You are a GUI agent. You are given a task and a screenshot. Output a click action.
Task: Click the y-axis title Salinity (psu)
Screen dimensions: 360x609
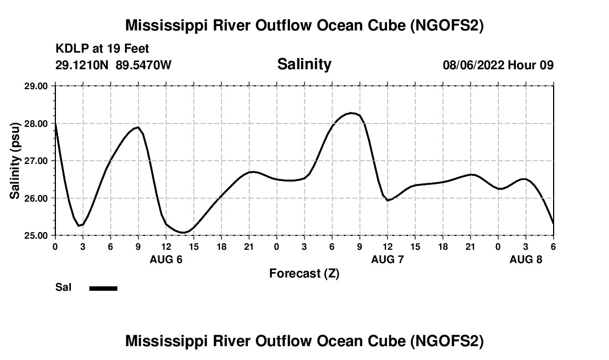(x=15, y=160)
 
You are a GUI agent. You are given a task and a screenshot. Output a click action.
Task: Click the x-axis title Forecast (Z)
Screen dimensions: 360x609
(x=304, y=273)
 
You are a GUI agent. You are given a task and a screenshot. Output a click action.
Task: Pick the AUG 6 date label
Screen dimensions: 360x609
(x=166, y=259)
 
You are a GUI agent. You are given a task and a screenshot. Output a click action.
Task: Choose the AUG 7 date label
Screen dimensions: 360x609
(x=388, y=259)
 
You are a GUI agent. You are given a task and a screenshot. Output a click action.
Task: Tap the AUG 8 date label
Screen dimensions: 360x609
(x=526, y=259)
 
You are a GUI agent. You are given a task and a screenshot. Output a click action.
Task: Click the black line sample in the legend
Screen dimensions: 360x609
(x=103, y=288)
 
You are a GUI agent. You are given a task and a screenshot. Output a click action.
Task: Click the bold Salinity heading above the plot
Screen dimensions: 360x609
(x=304, y=64)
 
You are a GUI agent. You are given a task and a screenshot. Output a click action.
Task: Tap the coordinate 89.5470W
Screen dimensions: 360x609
(x=144, y=65)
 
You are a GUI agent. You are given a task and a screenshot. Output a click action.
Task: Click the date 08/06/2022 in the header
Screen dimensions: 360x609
(x=473, y=65)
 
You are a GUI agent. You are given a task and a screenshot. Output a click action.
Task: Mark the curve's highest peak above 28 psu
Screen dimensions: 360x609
(x=351, y=113)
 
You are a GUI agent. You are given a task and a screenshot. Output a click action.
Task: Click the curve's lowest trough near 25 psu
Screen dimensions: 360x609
(x=184, y=233)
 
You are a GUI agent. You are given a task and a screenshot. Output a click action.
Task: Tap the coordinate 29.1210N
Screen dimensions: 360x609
(x=82, y=65)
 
